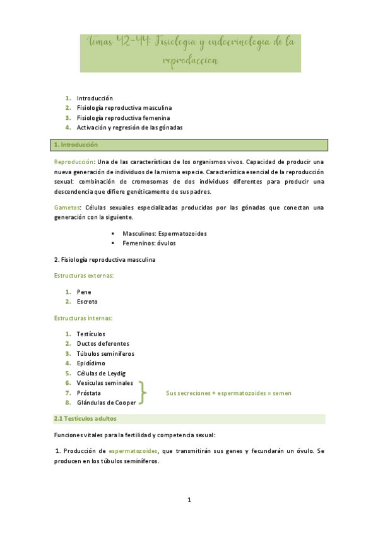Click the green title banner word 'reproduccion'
[x=190, y=61]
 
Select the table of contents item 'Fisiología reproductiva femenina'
[x=124, y=117]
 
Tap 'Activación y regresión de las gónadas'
[x=129, y=127]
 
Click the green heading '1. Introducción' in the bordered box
[x=76, y=145]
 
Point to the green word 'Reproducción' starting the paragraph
[x=73, y=162]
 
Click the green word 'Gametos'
[x=66, y=208]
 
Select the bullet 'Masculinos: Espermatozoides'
[x=164, y=233]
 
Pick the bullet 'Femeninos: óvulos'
[x=149, y=243]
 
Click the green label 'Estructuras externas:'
[x=83, y=276]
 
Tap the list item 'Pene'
[x=84, y=292]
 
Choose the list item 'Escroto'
[x=87, y=302]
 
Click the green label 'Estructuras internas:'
[x=83, y=318]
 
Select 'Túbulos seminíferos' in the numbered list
[x=105, y=353]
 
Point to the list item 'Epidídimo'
[x=91, y=363]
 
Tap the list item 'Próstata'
[x=88, y=392]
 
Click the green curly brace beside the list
[x=143, y=392]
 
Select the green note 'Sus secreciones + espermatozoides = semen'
[x=228, y=393]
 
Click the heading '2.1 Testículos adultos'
[x=85, y=418]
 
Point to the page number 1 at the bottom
[x=189, y=500]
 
